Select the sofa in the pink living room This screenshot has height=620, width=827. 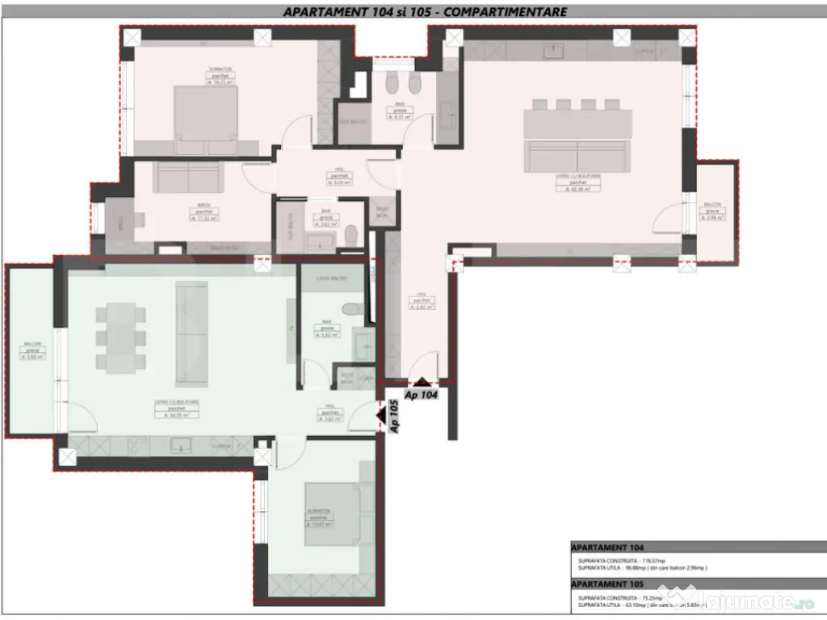pyautogui.click(x=577, y=155)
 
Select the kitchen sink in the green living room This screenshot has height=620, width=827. pyautogui.click(x=180, y=445)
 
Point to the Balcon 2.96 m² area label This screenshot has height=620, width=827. pyautogui.click(x=712, y=217)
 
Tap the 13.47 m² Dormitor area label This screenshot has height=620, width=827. pyautogui.click(x=318, y=524)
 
